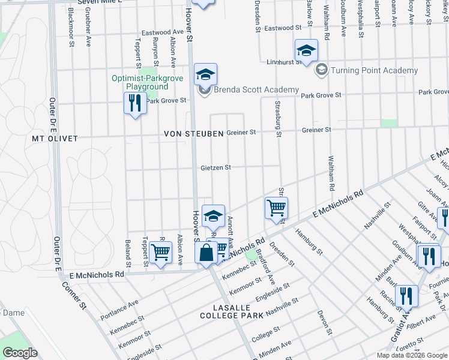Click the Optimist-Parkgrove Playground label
139,82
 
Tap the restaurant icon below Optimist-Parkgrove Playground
134,103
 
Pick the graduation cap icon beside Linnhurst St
306,52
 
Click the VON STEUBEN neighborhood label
193,133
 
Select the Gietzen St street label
215,168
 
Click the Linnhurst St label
283,62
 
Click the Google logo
19,353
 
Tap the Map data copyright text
412,355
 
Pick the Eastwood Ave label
161,32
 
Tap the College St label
265,334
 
